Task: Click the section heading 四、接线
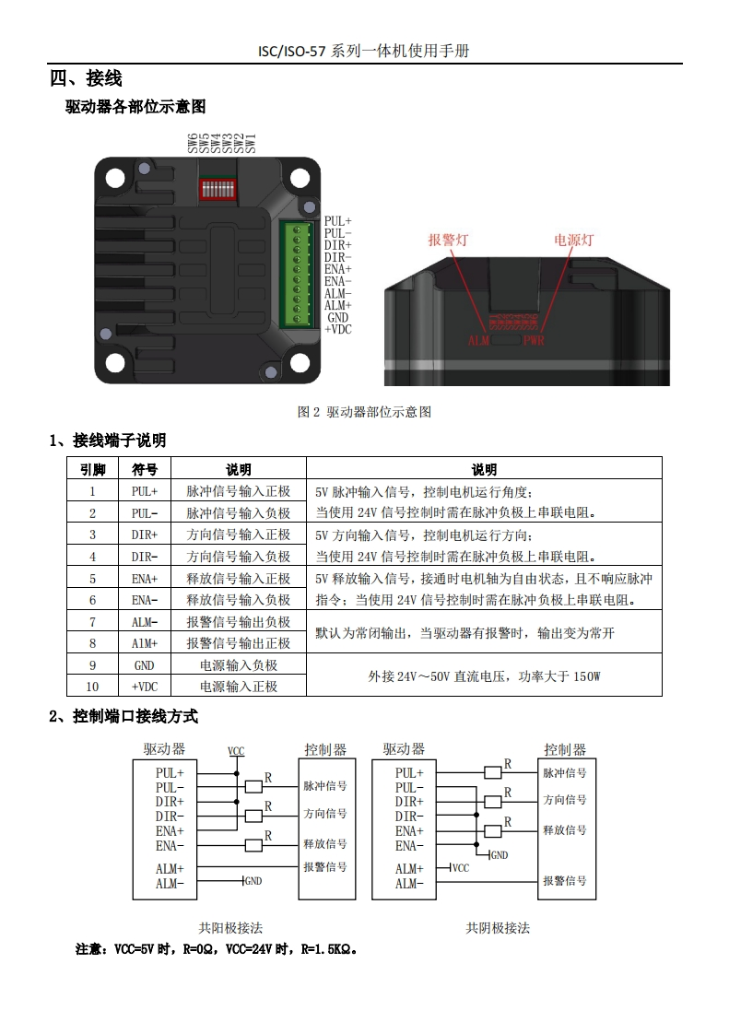click(86, 78)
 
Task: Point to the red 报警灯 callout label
click(448, 241)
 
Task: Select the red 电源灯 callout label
click(573, 241)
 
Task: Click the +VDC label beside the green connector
click(338, 329)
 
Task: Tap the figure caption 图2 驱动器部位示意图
click(364, 412)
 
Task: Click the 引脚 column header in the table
click(93, 469)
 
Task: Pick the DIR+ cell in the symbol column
click(145, 535)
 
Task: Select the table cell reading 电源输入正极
click(239, 687)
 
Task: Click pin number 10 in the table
click(93, 687)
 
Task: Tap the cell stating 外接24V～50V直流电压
click(484, 676)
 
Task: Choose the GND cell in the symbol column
click(145, 665)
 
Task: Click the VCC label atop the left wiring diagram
click(236, 751)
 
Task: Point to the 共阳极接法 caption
click(230, 928)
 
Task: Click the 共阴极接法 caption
click(498, 928)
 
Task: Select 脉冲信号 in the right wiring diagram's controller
click(564, 773)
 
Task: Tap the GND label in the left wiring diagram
click(253, 881)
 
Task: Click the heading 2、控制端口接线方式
click(123, 716)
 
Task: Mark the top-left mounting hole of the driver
click(116, 178)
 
